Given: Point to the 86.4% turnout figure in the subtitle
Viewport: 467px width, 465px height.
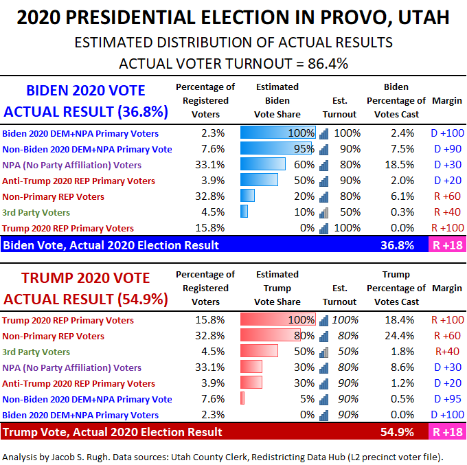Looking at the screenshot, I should click(324, 64).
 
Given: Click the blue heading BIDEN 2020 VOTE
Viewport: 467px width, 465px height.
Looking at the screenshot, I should click(86, 91).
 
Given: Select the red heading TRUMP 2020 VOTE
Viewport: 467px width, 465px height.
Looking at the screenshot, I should click(86, 278).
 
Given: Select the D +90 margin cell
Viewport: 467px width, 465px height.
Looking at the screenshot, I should click(446, 149).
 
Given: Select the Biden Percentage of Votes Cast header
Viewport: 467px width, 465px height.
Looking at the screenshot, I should click(397, 101).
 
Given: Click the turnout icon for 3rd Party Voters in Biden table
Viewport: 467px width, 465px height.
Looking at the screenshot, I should click(324, 212).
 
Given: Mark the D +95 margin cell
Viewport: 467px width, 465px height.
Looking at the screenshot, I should click(446, 399).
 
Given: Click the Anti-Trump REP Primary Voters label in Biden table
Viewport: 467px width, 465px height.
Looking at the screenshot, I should click(78, 181).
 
